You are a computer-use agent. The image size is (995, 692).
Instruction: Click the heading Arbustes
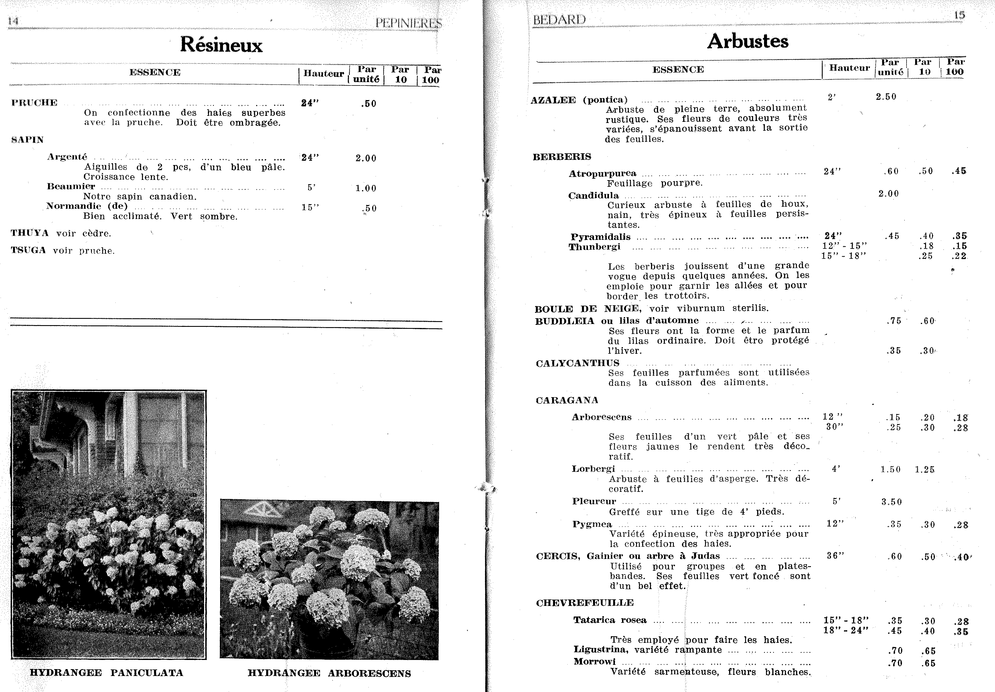[x=748, y=41]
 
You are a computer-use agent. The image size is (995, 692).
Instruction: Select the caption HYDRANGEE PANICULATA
[x=106, y=673]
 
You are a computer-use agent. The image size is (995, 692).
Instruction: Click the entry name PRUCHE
[x=34, y=103]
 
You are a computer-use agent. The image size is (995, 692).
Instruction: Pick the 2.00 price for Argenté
[x=366, y=158]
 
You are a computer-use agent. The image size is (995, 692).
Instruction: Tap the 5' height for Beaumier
[x=311, y=188]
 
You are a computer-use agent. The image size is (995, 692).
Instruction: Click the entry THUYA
[x=29, y=233]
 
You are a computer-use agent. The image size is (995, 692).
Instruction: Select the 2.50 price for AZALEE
[x=886, y=97]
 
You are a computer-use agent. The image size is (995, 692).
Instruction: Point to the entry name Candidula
[x=593, y=195]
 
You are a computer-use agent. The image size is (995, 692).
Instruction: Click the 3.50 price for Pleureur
[x=891, y=502]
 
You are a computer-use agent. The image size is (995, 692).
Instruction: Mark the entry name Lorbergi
[x=593, y=469]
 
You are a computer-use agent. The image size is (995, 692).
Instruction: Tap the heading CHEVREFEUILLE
[x=585, y=603]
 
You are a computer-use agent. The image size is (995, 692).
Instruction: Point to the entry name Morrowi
[x=594, y=661]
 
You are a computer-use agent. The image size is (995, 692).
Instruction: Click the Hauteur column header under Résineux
[x=323, y=73]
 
